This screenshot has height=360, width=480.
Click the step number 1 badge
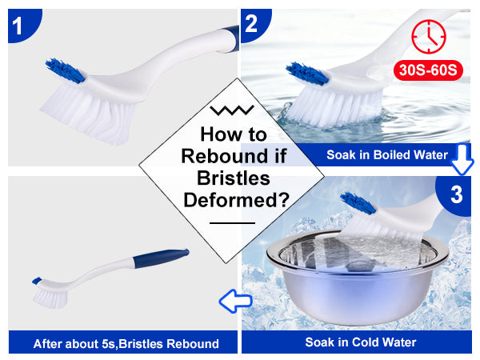pyautogui.click(x=22, y=24)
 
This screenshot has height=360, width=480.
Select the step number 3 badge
pyautogui.click(x=455, y=195)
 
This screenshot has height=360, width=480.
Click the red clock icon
pyautogui.click(x=429, y=37)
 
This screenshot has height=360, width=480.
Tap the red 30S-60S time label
pyautogui.click(x=428, y=70)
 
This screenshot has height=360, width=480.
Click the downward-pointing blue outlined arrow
pyautogui.click(x=462, y=159)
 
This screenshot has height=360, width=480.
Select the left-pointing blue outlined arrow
pyautogui.click(x=235, y=301)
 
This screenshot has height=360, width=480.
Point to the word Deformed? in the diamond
pyautogui.click(x=236, y=200)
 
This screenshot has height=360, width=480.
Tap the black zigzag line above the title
pyautogui.click(x=232, y=110)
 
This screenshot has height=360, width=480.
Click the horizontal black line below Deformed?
pyautogui.click(x=232, y=223)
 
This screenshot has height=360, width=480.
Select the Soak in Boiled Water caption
pyautogui.click(x=387, y=155)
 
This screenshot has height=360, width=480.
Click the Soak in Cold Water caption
pyautogui.click(x=361, y=342)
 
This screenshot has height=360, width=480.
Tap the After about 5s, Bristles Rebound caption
pyautogui.click(x=126, y=344)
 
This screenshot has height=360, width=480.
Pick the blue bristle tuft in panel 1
pyautogui.click(x=65, y=70)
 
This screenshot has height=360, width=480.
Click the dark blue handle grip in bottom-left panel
pyautogui.click(x=162, y=258)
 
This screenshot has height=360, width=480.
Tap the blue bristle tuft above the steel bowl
pyautogui.click(x=358, y=202)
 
